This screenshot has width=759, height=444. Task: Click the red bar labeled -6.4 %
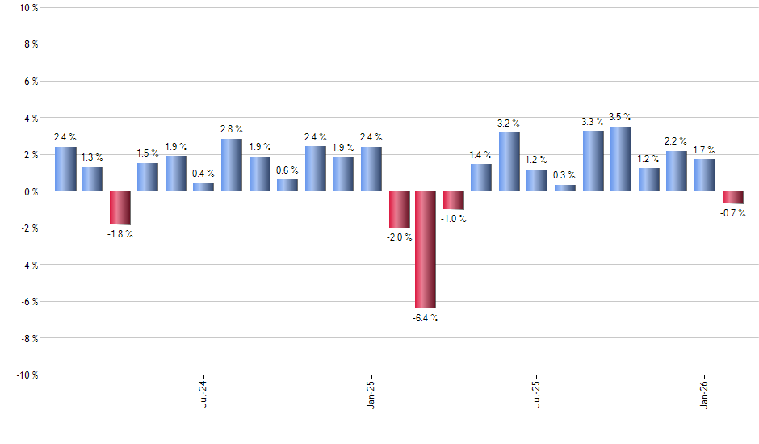pyautogui.click(x=426, y=249)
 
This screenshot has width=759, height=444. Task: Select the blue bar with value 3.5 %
pyautogui.click(x=621, y=159)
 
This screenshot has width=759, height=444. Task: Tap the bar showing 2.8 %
pyautogui.click(x=232, y=165)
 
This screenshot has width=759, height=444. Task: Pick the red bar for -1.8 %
pyautogui.click(x=120, y=207)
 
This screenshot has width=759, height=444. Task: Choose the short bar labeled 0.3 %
pyautogui.click(x=565, y=188)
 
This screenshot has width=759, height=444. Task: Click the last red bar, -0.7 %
pyautogui.click(x=732, y=197)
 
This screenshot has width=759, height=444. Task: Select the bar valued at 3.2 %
pyautogui.click(x=509, y=161)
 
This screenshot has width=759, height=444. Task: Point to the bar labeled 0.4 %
pyautogui.click(x=203, y=187)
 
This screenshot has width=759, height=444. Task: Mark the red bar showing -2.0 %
pyautogui.click(x=399, y=209)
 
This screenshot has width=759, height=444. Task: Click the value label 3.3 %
pyautogui.click(x=593, y=122)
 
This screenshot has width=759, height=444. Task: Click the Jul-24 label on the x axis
pyautogui.click(x=203, y=393)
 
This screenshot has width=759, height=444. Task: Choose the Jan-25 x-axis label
pyautogui.click(x=371, y=393)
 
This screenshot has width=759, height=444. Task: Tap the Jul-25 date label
pyautogui.click(x=537, y=393)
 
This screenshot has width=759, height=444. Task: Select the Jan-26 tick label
pyautogui.click(x=705, y=393)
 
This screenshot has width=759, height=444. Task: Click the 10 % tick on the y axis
pyautogui.click(x=27, y=8)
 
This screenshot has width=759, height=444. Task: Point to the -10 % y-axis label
pyautogui.click(x=26, y=375)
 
